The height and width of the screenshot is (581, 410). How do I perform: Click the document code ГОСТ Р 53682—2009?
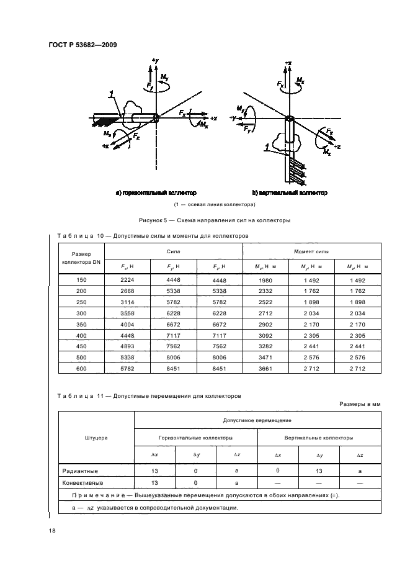click(x=82, y=45)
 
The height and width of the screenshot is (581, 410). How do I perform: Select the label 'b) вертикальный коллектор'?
click(x=290, y=194)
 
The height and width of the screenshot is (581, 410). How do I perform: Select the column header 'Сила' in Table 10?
click(x=173, y=251)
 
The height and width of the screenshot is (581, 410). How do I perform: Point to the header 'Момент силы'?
click(x=311, y=251)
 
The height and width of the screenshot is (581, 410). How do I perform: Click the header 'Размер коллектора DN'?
click(x=81, y=258)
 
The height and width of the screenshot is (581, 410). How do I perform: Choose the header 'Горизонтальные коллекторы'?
click(x=196, y=438)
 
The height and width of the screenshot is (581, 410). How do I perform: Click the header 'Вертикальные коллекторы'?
click(x=319, y=438)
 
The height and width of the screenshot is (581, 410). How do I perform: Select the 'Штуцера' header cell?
click(x=96, y=438)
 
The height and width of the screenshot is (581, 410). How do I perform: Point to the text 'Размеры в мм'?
click(x=360, y=403)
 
